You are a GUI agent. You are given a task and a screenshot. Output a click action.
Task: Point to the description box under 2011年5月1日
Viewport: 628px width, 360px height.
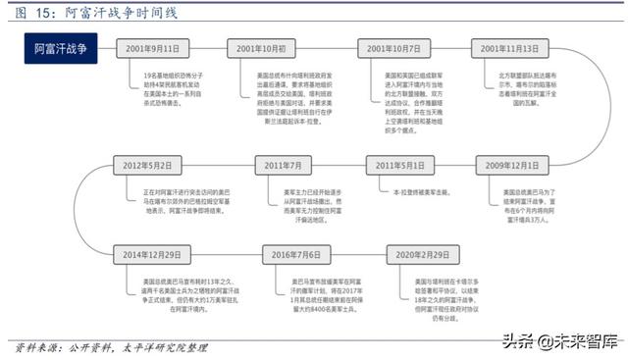[397, 193]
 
